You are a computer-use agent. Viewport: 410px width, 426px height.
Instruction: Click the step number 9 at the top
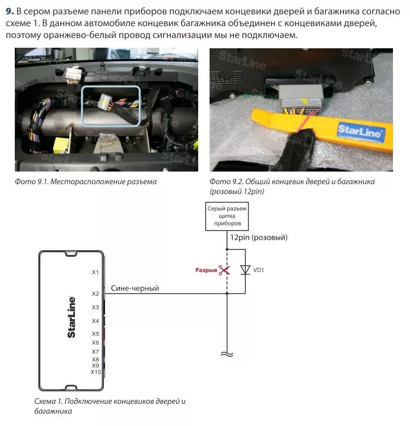point(9,11)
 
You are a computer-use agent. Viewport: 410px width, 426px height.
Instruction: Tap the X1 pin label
point(95,272)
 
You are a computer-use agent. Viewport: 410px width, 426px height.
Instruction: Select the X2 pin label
point(95,294)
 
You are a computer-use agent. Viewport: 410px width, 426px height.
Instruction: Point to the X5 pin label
point(95,333)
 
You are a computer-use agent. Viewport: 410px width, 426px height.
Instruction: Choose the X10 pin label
point(95,372)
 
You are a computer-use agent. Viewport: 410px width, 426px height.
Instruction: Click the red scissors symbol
point(225,270)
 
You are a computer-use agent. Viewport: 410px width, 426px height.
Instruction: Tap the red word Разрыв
point(206,270)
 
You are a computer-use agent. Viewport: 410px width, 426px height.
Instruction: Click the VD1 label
point(258,270)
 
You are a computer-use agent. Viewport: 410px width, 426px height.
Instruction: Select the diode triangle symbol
point(245,270)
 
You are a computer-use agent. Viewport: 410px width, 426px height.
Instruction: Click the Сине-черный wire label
point(135,289)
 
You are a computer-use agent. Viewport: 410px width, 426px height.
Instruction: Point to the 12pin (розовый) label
point(258,237)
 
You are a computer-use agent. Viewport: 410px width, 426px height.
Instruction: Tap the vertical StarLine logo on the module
point(72,317)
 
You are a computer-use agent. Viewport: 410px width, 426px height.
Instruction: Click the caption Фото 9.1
point(86,182)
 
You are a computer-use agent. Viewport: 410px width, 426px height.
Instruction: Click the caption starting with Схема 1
point(110,406)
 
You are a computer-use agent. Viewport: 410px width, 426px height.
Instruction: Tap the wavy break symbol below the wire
point(227,354)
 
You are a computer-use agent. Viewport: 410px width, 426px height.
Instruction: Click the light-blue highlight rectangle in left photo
point(110,106)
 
